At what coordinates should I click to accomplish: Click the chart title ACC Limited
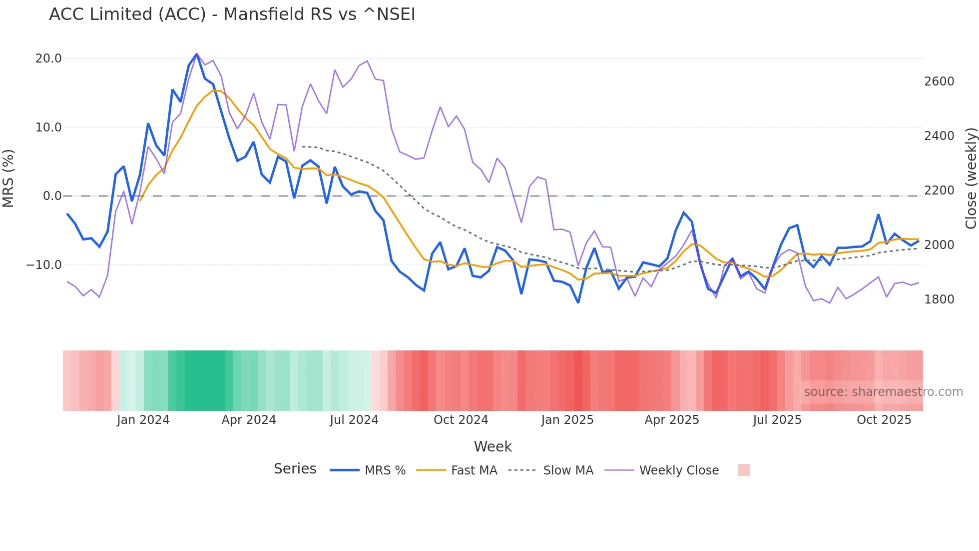(232, 14)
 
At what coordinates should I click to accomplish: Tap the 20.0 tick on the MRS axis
(48, 58)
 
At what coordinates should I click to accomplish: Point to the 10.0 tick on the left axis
(48, 127)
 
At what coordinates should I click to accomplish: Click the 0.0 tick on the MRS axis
(52, 196)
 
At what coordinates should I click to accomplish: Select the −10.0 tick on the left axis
(44, 265)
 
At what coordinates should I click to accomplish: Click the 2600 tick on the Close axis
(939, 81)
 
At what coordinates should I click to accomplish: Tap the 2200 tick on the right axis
(939, 190)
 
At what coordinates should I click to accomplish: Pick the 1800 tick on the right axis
(939, 299)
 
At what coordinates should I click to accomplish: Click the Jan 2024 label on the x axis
(143, 420)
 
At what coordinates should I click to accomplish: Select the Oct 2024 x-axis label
(461, 420)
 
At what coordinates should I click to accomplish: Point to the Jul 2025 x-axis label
(777, 420)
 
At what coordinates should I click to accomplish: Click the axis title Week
(492, 446)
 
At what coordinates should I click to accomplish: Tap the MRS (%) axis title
(8, 178)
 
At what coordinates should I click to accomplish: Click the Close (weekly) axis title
(971, 178)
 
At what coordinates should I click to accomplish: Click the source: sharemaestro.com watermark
(883, 392)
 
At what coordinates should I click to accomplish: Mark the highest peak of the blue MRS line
(196, 54)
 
